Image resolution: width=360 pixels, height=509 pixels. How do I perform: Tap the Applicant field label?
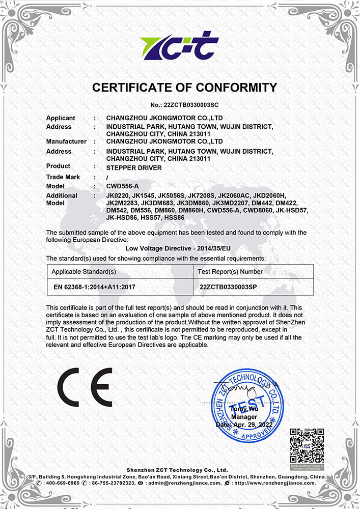coord(61,118)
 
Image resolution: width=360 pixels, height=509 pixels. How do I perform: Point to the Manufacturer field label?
coord(66,141)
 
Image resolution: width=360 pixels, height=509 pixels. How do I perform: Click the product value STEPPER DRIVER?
coord(134,167)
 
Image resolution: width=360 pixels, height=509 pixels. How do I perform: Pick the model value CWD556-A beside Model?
coord(122,186)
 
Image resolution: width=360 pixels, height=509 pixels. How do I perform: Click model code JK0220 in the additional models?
coord(118,195)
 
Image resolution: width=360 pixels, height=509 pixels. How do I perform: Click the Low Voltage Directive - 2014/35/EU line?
coord(180,248)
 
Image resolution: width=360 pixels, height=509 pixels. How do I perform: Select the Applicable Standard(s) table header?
coord(84,272)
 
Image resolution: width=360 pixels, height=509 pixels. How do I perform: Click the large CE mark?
coord(85,387)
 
